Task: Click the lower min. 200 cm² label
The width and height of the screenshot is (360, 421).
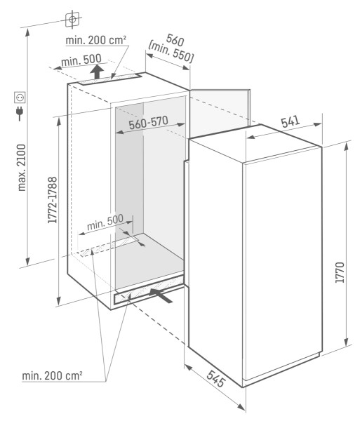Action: [x=52, y=377]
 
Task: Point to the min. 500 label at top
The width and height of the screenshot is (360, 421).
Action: [x=81, y=60]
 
